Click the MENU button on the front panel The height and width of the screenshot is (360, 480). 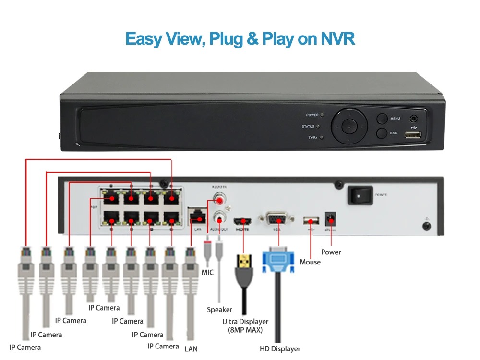point(382,119)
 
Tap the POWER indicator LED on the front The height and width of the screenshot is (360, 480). point(322,115)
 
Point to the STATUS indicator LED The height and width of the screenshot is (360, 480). point(318,127)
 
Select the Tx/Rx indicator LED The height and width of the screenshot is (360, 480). point(321,138)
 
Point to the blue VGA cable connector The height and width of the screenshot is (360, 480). point(277,262)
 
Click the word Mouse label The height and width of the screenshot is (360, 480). point(310,262)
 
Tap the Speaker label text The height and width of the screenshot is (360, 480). point(219,310)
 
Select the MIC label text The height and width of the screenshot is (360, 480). point(207,273)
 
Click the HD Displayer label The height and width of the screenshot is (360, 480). point(280,349)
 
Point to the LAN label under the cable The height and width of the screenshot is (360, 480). point(191,349)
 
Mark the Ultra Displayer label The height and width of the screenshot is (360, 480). point(245,322)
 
